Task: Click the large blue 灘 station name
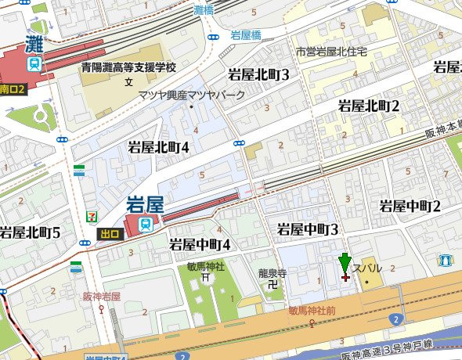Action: point(34,42)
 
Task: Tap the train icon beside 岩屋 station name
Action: point(146,225)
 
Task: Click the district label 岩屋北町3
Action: point(258,75)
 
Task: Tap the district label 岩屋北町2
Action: point(369,105)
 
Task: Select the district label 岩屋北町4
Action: point(159,146)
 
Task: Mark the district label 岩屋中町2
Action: point(410,206)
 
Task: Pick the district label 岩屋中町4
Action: point(200,244)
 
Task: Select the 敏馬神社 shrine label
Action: point(206,266)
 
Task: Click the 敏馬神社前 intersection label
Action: point(312,311)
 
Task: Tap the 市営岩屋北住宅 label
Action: point(330,52)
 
